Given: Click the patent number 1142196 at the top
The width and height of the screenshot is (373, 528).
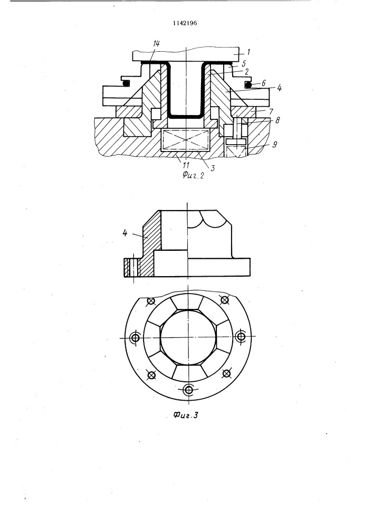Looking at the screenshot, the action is click(185, 23).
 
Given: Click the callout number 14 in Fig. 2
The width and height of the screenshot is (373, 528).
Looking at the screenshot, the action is click(156, 44).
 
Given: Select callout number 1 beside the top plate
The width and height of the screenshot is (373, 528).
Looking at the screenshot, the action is click(248, 52).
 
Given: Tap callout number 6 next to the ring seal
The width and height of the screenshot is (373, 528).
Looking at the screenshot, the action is click(263, 82).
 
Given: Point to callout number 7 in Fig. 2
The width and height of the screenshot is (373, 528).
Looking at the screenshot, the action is click(271, 111).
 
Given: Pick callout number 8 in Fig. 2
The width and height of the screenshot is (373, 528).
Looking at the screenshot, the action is click(277, 120).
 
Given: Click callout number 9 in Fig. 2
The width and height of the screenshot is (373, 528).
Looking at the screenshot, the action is click(274, 145).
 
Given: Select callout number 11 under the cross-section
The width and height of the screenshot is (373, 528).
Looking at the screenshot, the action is click(185, 165).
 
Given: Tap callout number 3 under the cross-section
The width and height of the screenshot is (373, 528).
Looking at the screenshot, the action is click(212, 168).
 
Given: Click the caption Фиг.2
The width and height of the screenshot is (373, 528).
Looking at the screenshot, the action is click(194, 175).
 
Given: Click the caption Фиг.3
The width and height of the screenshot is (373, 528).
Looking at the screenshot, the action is click(186, 415).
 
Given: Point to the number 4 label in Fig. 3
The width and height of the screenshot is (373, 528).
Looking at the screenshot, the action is click(125, 233).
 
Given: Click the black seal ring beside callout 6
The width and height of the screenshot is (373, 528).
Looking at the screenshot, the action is click(248, 84).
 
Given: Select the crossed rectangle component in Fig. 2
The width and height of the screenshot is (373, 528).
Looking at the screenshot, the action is click(186, 140).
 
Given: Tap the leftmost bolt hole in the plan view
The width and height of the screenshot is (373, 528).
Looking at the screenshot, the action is click(136, 337).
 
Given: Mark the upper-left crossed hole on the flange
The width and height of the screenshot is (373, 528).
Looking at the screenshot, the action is click(151, 301).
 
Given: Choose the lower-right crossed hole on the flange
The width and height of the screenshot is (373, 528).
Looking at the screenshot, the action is click(227, 373).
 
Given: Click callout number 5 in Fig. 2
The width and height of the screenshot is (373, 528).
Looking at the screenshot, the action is click(244, 63).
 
